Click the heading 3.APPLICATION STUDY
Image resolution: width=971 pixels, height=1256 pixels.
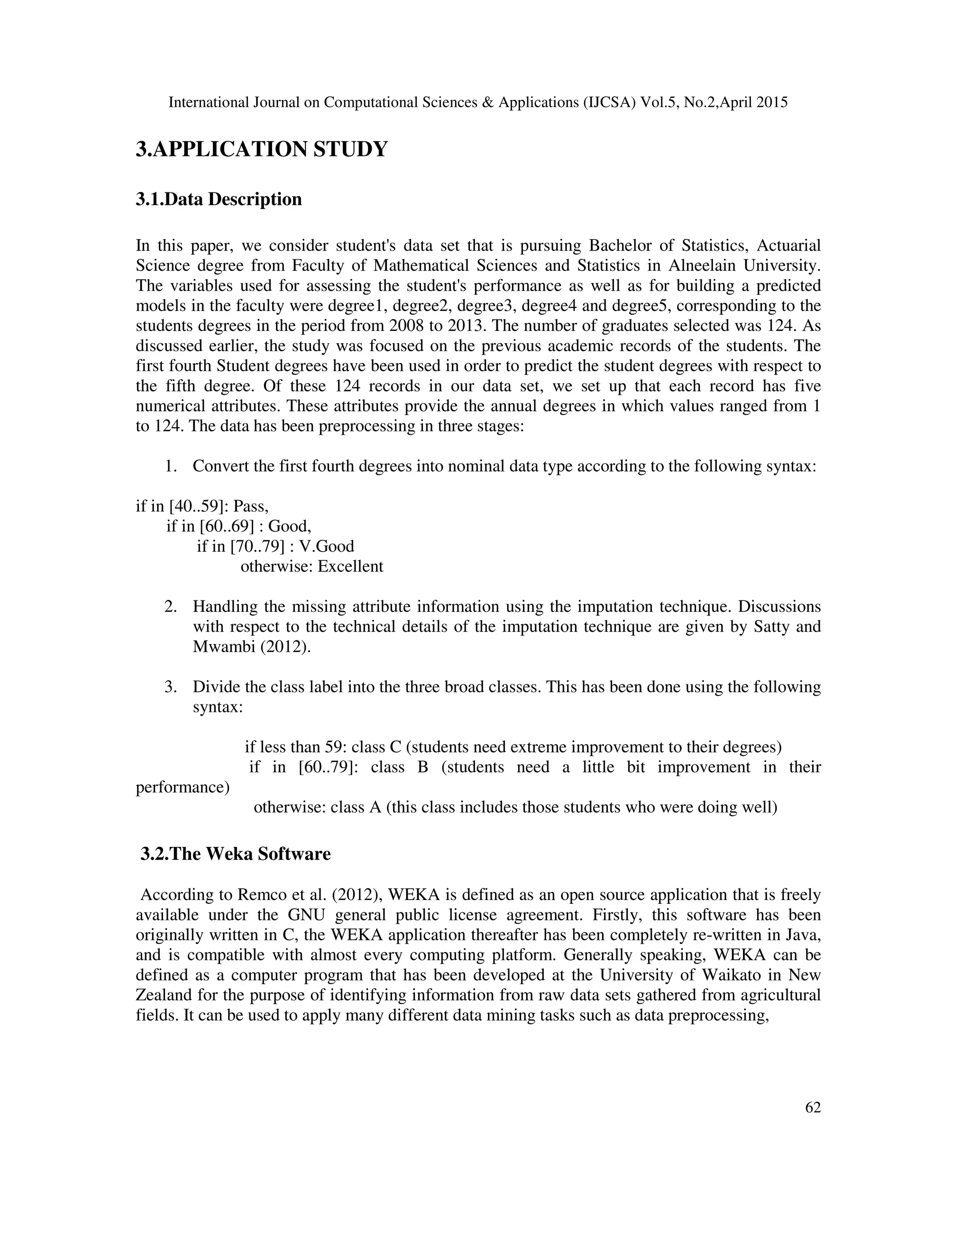click(x=262, y=149)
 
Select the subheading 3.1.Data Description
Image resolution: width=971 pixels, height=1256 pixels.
click(x=219, y=200)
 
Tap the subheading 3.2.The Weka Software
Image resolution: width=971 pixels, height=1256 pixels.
click(x=235, y=854)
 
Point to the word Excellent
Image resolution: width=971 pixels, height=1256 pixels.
click(x=350, y=566)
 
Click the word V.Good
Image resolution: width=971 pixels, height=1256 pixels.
click(x=327, y=546)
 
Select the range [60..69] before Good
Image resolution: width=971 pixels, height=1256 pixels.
click(x=229, y=526)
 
